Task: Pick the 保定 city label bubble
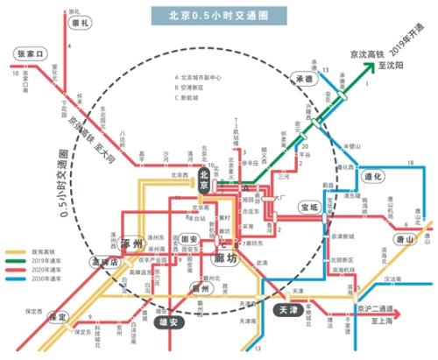tap(59, 317)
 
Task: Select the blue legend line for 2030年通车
tap(15, 280)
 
